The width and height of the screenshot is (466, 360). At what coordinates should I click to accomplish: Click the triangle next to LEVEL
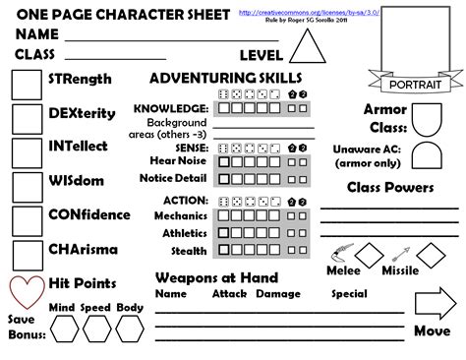coord(305,48)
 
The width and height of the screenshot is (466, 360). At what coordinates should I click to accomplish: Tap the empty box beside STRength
coord(27,85)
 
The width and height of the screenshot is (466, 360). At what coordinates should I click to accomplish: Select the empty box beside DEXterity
coord(27,118)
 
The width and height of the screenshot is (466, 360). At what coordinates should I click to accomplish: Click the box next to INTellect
coord(27,151)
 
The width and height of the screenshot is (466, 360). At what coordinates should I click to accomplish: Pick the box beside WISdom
coord(27,186)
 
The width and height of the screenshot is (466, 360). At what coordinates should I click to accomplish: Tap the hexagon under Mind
coord(62,330)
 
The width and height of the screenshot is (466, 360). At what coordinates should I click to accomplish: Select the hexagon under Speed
coord(95,330)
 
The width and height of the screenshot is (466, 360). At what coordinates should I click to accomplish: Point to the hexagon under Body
coord(129,330)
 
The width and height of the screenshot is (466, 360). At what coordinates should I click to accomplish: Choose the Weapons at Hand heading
coord(216,278)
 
